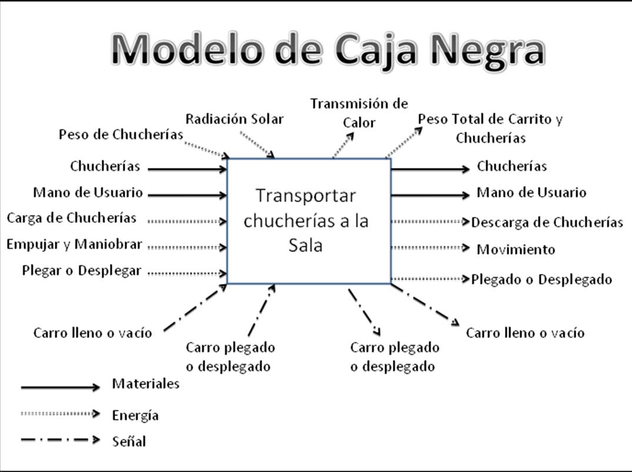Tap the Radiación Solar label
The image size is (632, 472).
point(235,119)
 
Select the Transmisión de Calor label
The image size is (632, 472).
point(359,113)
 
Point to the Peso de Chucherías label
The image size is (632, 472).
point(121,135)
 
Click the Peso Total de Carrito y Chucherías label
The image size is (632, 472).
point(490,129)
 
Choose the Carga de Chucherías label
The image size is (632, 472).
point(72,218)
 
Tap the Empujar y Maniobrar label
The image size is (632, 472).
point(74,245)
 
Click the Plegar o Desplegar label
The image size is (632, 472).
point(81,271)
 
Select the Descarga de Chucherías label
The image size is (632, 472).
point(547,223)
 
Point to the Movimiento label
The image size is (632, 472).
point(516,249)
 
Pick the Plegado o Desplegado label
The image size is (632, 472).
point(541,279)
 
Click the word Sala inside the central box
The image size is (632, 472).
point(306,245)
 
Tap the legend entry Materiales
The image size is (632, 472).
point(146,384)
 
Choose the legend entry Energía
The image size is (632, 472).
point(135,416)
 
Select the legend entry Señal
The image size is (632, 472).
point(129,441)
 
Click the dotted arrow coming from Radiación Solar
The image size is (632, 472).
point(259,145)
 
